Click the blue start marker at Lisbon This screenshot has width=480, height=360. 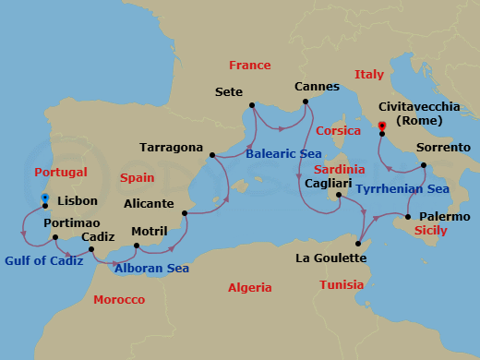pos(44,198)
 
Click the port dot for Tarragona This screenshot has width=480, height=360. pos(212,155)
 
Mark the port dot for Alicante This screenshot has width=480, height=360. pos(186,213)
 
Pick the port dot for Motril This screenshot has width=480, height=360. pos(136,246)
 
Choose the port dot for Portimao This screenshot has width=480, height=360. pos(55,237)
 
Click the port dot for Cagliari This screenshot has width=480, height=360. pos(339,195)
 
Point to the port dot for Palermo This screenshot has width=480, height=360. pos(408,217)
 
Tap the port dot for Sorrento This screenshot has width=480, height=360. pos(424,165)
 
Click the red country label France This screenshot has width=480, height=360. pos(250,66)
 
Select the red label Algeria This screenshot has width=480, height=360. pos(249,288)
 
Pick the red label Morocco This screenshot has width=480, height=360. pos(119,300)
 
